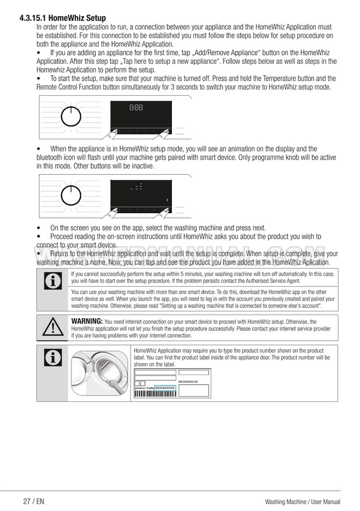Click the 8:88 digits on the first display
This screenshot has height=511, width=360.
tap(136, 107)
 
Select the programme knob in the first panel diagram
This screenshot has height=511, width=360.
tap(69, 116)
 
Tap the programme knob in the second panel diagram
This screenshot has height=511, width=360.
tap(69, 196)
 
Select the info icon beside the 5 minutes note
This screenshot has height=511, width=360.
tap(53, 283)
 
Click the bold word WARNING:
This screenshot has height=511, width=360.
tap(87, 321)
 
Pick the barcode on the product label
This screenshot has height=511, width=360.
tap(154, 393)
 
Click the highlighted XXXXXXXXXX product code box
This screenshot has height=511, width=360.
tap(164, 387)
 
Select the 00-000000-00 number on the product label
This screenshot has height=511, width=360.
tap(188, 382)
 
